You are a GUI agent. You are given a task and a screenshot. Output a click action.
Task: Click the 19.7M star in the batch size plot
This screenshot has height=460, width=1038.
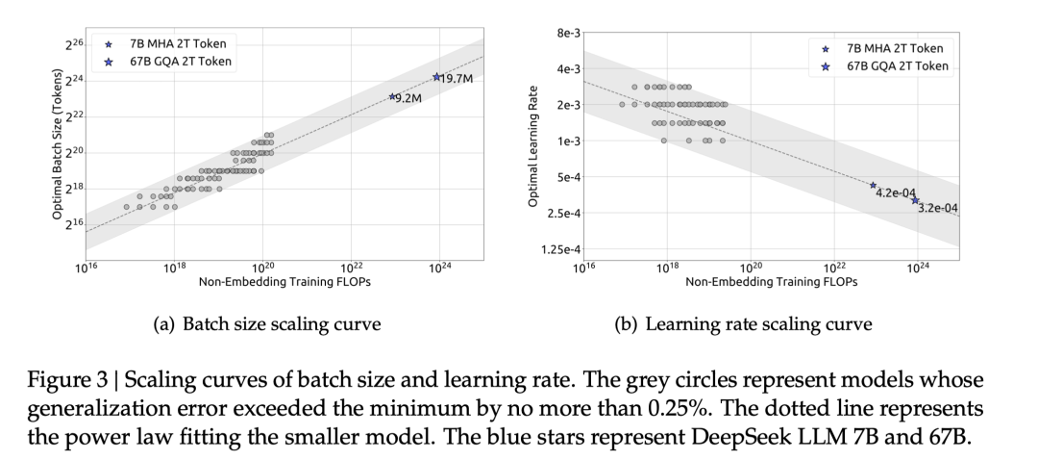pyautogui.click(x=436, y=77)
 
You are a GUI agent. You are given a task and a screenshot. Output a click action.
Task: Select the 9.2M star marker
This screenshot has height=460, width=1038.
pyautogui.click(x=392, y=96)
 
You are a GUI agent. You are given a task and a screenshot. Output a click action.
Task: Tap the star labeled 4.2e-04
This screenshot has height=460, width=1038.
pyautogui.click(x=873, y=186)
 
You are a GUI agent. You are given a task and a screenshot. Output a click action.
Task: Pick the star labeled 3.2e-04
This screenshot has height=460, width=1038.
pyautogui.click(x=915, y=200)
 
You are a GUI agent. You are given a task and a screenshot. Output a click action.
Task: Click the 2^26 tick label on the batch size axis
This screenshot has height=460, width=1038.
pyautogui.click(x=76, y=44)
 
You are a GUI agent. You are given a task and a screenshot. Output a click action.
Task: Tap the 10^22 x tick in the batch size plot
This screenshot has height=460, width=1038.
pyautogui.click(x=352, y=267)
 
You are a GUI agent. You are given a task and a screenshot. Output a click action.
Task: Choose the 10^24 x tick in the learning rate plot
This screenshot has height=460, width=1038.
pyautogui.click(x=917, y=267)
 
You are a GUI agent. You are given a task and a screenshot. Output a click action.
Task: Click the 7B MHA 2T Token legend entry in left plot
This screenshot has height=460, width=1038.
pyautogui.click(x=169, y=44)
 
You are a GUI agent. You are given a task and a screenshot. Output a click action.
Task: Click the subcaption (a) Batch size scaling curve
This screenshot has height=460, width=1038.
pyautogui.click(x=267, y=323)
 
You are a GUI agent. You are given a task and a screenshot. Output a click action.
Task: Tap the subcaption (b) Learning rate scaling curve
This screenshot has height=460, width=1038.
pyautogui.click(x=743, y=323)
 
